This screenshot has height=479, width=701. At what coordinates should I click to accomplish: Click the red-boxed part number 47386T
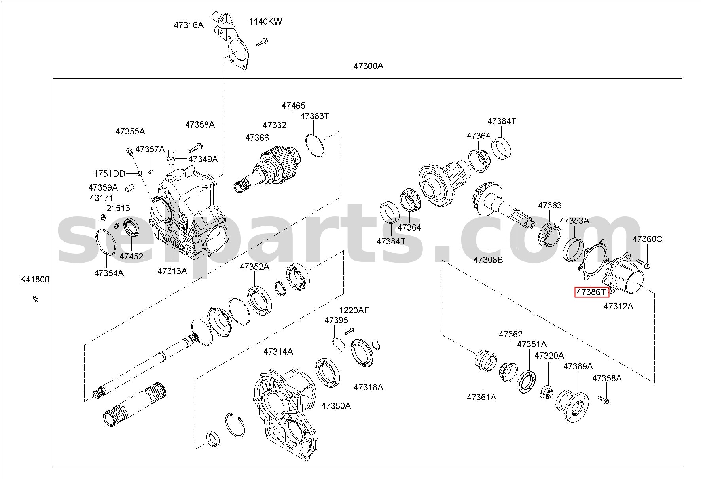pos(591,292)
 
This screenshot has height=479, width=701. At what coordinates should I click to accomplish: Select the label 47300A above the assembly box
pos(368,66)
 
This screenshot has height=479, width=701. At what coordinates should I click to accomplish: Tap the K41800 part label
pos(35,280)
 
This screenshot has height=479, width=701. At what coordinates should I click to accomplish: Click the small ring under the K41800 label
pos(35,299)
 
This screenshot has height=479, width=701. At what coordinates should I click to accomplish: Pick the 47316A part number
pos(189,25)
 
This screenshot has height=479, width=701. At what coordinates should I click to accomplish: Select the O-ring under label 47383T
pos(315,145)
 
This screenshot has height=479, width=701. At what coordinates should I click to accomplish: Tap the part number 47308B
pos(488,260)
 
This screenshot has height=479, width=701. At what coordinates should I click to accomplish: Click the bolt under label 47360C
pos(643,263)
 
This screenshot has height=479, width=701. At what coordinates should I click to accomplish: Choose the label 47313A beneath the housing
pos(172,271)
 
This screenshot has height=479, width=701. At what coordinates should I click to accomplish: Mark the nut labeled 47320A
pos(548,391)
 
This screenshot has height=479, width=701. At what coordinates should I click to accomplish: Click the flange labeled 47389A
pos(572,406)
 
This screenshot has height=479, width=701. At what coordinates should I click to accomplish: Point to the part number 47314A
pos(279,352)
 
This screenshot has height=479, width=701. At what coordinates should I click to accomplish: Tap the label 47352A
pos(254,267)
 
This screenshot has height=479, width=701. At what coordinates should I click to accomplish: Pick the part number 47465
pos(294,106)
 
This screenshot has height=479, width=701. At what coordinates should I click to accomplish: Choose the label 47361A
pos(481,397)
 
